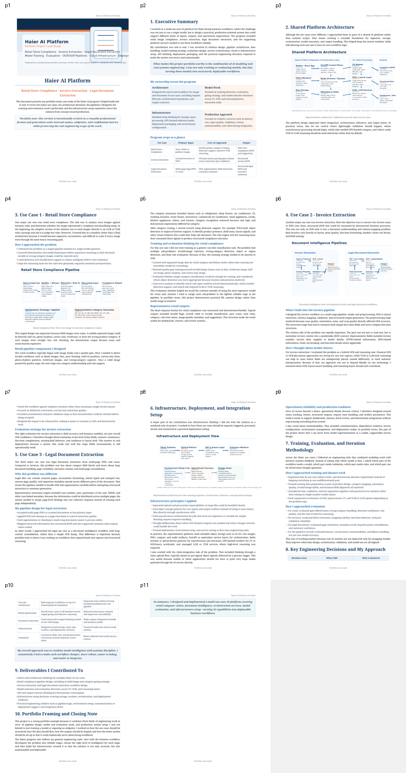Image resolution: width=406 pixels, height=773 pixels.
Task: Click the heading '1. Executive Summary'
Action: pos(174,22)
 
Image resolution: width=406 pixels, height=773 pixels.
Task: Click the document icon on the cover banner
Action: pos(105,41)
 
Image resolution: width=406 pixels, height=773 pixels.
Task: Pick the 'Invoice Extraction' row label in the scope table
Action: pos(159,159)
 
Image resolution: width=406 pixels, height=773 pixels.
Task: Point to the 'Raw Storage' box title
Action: pos(302,90)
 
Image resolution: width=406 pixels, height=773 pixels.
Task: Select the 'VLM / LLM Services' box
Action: pos(362,90)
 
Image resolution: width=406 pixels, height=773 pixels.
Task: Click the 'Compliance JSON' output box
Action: pos(387,68)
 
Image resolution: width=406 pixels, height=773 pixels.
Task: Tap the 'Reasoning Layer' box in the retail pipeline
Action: pos(90,283)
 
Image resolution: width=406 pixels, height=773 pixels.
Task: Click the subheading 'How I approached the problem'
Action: pos(35,245)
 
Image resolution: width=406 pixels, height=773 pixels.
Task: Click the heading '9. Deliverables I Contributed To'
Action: pos(48,671)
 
